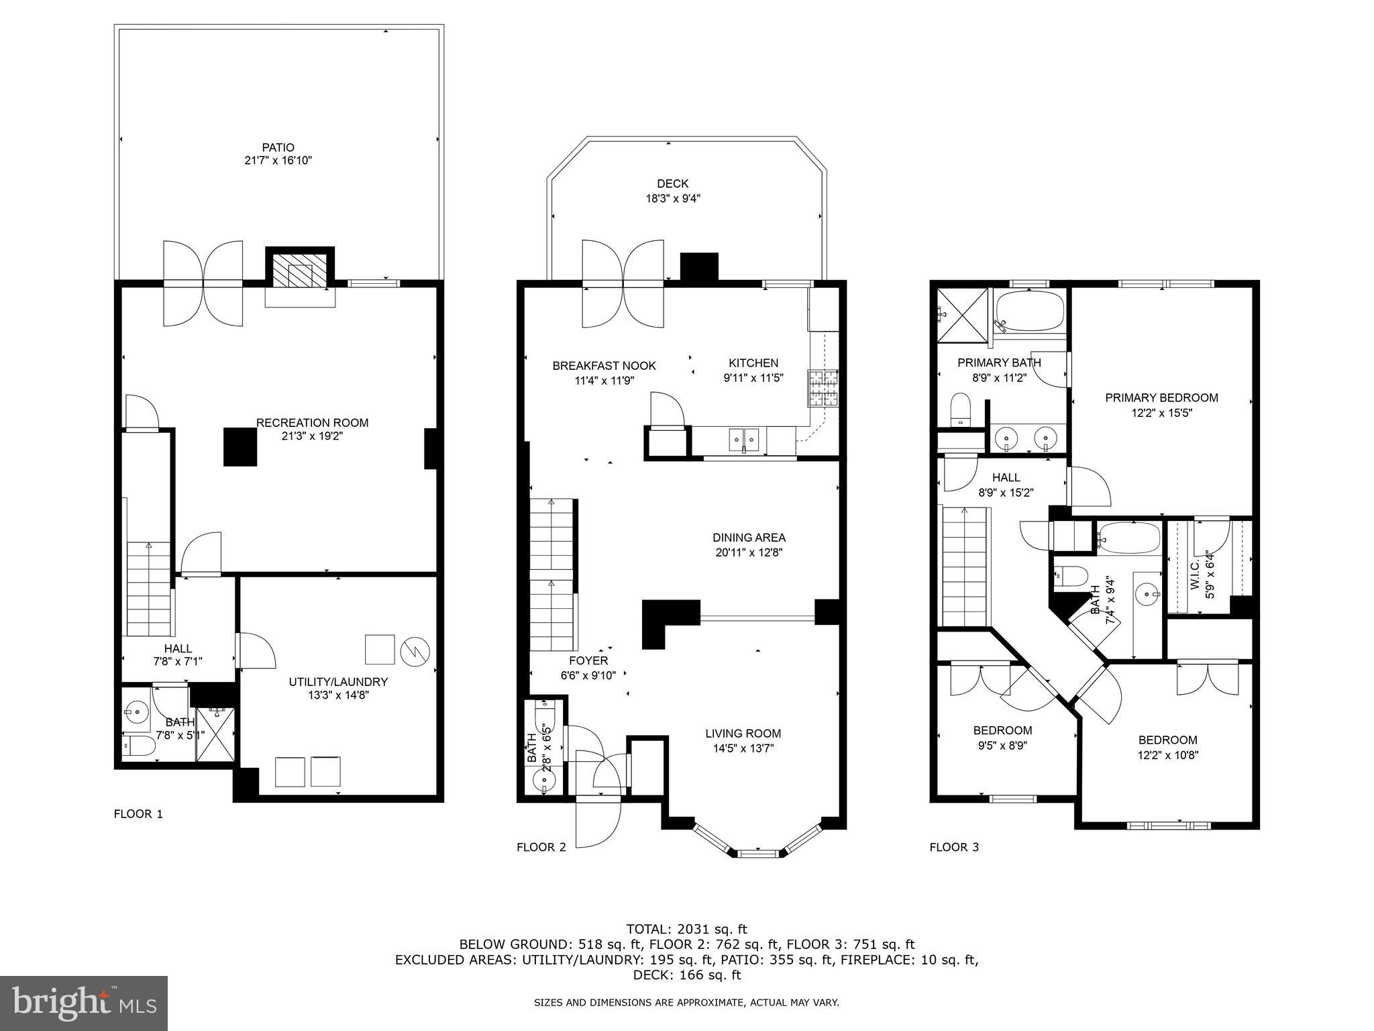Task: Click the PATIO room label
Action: click(x=278, y=148)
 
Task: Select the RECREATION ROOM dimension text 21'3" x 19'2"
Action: click(x=312, y=436)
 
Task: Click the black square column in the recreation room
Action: click(x=240, y=446)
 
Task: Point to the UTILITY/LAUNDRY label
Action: click(x=338, y=682)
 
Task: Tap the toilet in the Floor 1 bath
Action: click(x=136, y=745)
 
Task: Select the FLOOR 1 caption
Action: click(x=138, y=814)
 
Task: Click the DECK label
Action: click(x=672, y=184)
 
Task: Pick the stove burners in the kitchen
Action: click(x=823, y=388)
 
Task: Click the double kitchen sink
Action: click(x=744, y=440)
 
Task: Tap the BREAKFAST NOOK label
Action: click(x=604, y=366)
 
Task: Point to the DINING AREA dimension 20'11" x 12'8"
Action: click(x=749, y=553)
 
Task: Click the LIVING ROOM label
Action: click(x=743, y=734)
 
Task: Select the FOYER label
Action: click(x=588, y=661)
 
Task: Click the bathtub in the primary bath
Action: click(x=1030, y=313)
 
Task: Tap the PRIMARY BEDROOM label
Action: click(x=1161, y=398)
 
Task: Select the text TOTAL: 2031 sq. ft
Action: click(x=686, y=930)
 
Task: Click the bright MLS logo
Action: click(x=84, y=1003)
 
